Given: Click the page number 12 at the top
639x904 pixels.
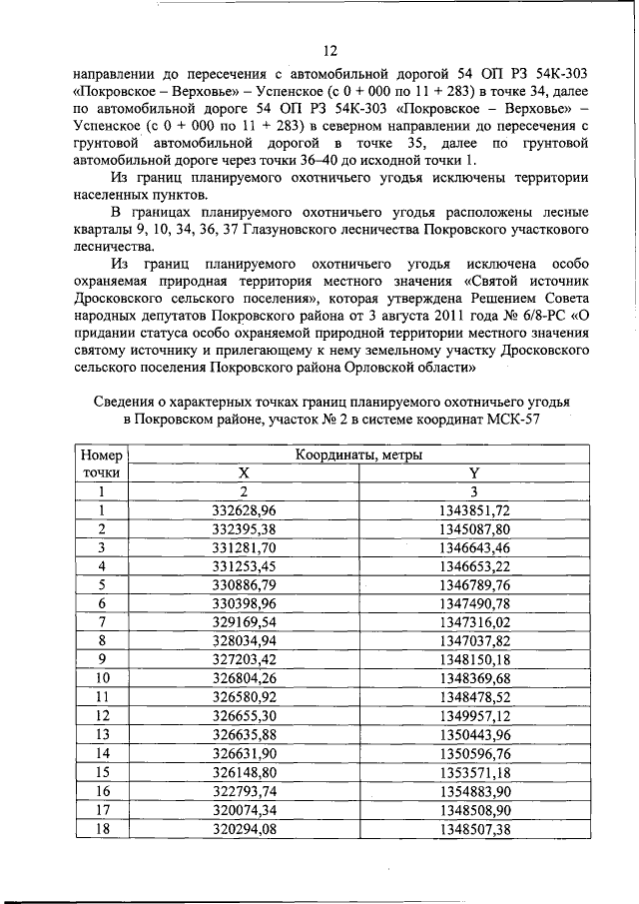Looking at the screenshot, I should (x=330, y=51).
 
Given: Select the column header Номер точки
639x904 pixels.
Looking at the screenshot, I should (x=102, y=463).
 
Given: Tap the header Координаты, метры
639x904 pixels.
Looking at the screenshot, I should (x=358, y=454).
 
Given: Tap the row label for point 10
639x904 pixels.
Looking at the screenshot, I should (x=102, y=677).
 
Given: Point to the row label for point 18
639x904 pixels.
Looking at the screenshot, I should (x=102, y=827).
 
